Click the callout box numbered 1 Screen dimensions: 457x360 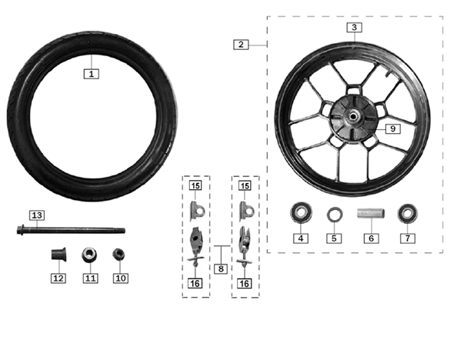click(x=92, y=74)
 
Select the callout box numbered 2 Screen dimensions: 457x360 click(x=241, y=45)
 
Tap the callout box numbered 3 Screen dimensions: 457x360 click(x=354, y=28)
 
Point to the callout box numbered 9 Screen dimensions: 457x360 click(x=393, y=128)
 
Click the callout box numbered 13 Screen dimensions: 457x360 click(x=37, y=215)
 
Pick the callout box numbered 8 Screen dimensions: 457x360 click(x=221, y=268)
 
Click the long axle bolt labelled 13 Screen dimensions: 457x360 click(x=71, y=230)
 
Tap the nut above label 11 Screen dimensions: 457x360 click(x=89, y=255)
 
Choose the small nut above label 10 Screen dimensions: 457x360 click(x=118, y=255)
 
